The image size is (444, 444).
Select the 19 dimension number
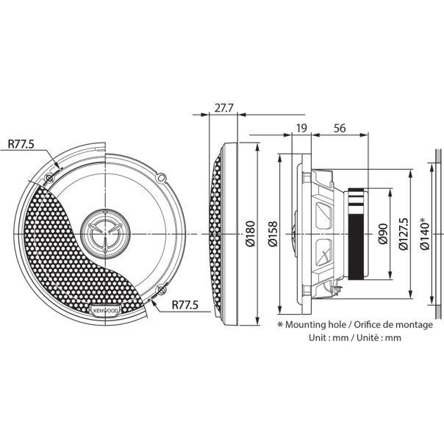(x=301, y=129)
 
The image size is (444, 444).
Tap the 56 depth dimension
(x=339, y=129)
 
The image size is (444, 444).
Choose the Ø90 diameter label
(x=382, y=233)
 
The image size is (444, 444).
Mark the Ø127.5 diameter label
(x=404, y=233)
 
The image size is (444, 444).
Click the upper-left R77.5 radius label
(x=21, y=144)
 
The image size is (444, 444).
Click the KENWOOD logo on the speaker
(x=106, y=311)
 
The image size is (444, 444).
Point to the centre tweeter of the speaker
(x=105, y=233)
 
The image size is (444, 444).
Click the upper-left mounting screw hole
(x=49, y=177)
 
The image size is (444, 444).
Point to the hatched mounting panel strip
(x=437, y=233)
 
